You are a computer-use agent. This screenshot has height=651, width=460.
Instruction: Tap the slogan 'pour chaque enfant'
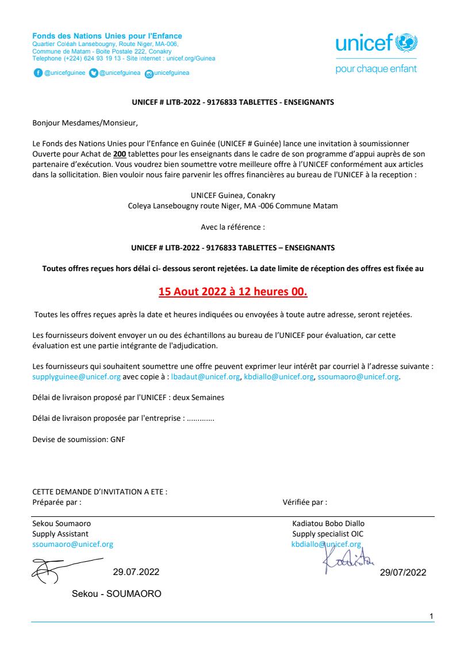[376, 69]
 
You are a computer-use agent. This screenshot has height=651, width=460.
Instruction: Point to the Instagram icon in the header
[149, 74]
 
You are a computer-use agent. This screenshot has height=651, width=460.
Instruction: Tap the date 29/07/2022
[403, 573]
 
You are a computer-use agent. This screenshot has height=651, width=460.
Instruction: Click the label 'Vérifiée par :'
[305, 502]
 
